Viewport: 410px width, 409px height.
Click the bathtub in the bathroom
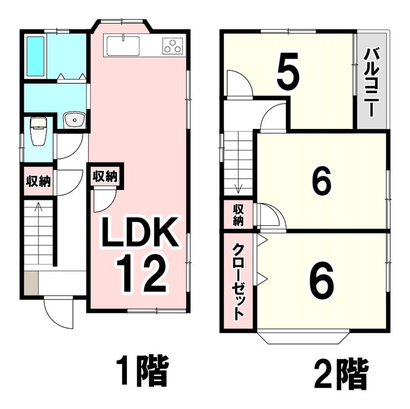point(35,56)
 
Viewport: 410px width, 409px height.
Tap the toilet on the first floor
point(38,131)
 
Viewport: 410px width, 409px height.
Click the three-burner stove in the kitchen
point(172,46)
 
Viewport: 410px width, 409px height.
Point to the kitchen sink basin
point(123,46)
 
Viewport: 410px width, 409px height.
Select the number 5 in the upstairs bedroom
point(287,70)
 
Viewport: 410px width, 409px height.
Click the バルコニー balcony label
point(372,82)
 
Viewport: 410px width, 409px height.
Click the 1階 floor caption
point(142,374)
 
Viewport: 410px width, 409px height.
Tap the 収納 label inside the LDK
point(105,177)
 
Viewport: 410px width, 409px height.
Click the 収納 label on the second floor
point(238,215)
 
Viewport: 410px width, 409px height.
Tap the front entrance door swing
point(59,313)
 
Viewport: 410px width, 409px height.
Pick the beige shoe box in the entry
point(32,283)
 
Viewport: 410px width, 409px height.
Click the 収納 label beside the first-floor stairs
point(38,182)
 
